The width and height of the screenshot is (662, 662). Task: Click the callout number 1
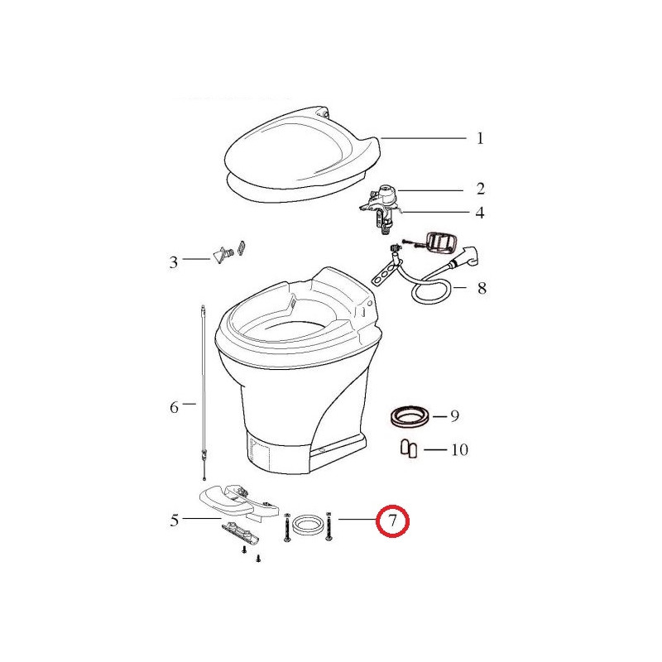tap(480, 138)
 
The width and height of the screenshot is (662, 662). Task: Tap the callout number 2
tap(480, 189)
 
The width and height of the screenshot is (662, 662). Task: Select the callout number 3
tap(174, 263)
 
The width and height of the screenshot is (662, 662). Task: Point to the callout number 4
tap(480, 213)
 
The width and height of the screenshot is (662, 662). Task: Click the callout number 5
tap(175, 520)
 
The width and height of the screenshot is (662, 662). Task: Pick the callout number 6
tap(174, 406)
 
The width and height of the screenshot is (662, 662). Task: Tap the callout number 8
tap(482, 289)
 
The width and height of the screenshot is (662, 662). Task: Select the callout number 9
tap(454, 416)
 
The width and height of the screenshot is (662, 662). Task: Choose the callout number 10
tap(459, 450)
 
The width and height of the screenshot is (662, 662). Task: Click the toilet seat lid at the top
tap(302, 153)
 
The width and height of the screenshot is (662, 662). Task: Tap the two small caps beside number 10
tap(408, 449)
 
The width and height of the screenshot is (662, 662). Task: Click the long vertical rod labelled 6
tap(203, 389)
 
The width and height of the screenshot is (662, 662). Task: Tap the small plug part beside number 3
tap(222, 255)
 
